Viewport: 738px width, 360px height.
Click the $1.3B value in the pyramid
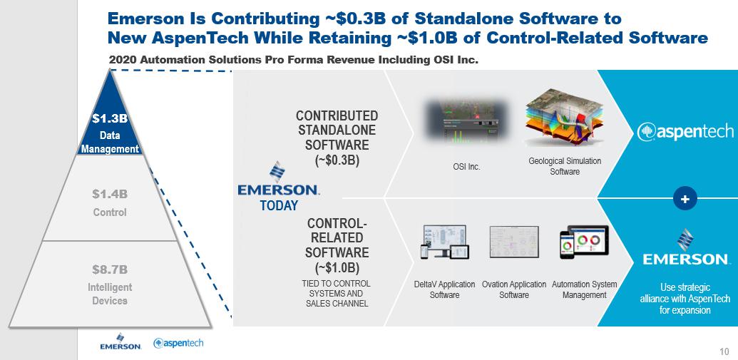pyautogui.click(x=110, y=118)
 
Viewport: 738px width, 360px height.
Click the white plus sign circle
pyautogui.click(x=685, y=199)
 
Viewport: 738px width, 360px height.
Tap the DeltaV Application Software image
pyautogui.click(x=444, y=242)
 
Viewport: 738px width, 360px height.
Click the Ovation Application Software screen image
pyautogui.click(x=514, y=242)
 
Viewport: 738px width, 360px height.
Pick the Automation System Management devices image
pyautogui.click(x=584, y=242)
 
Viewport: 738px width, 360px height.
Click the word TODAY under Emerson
pyautogui.click(x=279, y=205)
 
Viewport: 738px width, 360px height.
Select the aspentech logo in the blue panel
pyautogui.click(x=685, y=132)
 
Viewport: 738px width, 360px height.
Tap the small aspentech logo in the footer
pyautogui.click(x=178, y=343)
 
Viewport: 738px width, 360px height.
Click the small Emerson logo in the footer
pyautogui.click(x=121, y=341)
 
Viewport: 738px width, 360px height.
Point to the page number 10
pyautogui.click(x=724, y=351)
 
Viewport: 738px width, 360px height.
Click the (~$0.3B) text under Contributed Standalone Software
pyautogui.click(x=337, y=160)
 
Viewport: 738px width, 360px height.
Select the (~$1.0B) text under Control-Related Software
pyautogui.click(x=337, y=268)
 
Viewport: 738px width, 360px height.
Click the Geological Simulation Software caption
pyautogui.click(x=565, y=166)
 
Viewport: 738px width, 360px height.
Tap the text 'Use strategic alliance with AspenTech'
pyautogui.click(x=685, y=293)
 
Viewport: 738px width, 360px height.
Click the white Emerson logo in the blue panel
pyautogui.click(x=685, y=247)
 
